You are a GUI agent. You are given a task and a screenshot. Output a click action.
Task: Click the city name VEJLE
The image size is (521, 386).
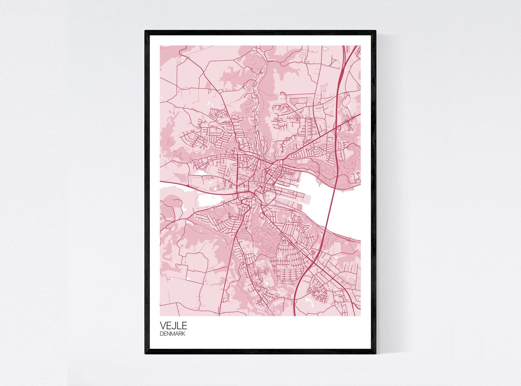tap(173, 326)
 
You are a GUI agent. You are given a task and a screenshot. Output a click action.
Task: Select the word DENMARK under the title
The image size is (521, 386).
tap(173, 334)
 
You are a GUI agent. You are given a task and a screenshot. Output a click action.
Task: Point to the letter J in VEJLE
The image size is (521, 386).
tap(174, 326)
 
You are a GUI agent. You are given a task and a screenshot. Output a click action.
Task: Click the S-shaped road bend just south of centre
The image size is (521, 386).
tap(244, 205)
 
